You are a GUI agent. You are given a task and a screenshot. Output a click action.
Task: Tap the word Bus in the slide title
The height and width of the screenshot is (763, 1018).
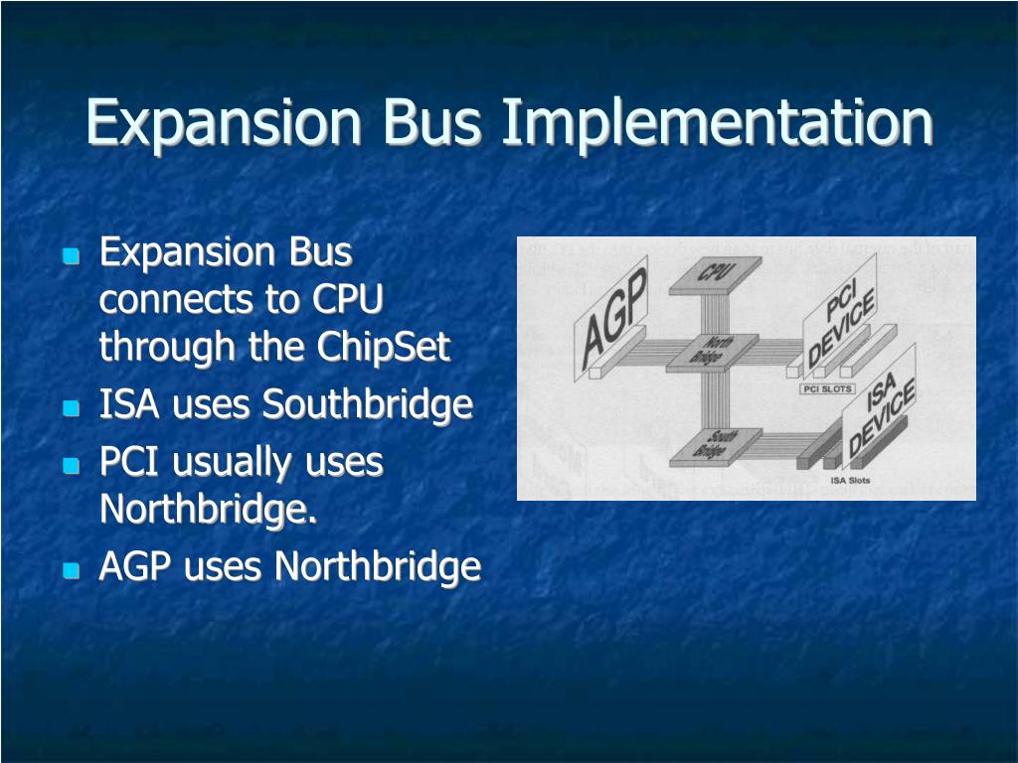(432, 123)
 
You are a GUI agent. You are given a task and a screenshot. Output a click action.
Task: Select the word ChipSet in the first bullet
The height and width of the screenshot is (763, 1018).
(384, 347)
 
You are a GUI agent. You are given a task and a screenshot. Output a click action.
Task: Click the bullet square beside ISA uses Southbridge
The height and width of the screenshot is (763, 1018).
(71, 407)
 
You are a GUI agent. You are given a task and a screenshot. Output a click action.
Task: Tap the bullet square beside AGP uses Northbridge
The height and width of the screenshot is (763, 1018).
(71, 570)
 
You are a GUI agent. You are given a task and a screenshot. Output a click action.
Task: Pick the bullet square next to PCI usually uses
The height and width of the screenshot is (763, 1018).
(71, 465)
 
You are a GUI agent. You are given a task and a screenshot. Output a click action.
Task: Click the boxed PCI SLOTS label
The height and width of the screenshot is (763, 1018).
(827, 389)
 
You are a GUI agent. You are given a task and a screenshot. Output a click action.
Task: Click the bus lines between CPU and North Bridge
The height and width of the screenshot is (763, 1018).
(711, 313)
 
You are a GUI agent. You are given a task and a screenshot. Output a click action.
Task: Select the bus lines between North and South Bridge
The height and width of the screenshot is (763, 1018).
(711, 400)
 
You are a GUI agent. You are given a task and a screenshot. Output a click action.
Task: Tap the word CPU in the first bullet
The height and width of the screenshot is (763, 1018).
(348, 299)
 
